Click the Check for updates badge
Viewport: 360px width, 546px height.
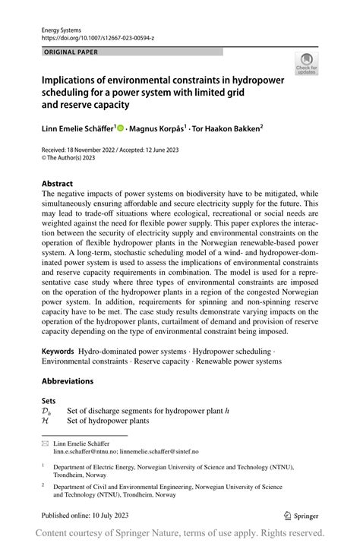coord(307,63)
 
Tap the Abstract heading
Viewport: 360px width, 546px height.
coord(57,184)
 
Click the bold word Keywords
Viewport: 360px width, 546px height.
coord(58,352)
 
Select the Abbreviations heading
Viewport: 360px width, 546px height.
coord(68,381)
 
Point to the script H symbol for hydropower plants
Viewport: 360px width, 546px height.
coord(45,420)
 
